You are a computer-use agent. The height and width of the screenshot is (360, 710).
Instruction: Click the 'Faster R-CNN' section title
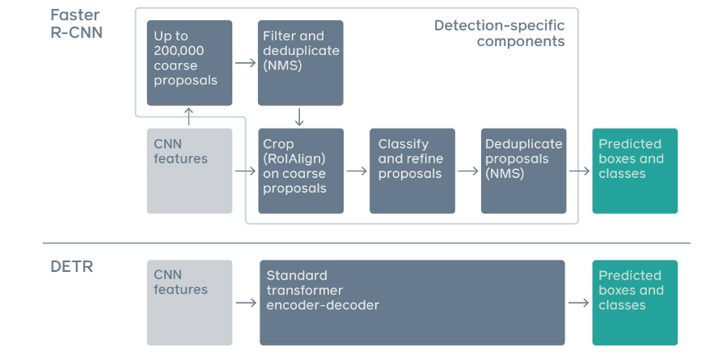pyautogui.click(x=76, y=24)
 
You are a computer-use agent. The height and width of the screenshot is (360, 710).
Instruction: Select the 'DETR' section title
pyautogui.click(x=71, y=266)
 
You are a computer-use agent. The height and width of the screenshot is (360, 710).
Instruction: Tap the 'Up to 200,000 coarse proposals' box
pyautogui.click(x=189, y=63)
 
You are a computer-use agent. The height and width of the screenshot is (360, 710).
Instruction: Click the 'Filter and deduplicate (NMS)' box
pyautogui.click(x=300, y=63)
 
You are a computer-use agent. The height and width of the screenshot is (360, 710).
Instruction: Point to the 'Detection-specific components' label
pyautogui.click(x=499, y=33)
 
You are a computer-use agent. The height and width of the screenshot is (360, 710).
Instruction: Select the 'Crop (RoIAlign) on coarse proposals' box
pyautogui.click(x=300, y=171)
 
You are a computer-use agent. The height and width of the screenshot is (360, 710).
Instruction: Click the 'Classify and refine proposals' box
pyautogui.click(x=412, y=171)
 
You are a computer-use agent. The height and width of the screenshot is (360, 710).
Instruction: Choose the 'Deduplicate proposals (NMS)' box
pyautogui.click(x=523, y=171)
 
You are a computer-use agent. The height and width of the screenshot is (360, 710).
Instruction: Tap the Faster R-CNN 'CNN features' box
pyautogui.click(x=189, y=171)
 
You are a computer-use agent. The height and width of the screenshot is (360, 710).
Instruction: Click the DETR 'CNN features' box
pyautogui.click(x=189, y=303)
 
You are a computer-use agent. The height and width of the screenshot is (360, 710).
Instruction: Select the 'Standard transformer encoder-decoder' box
pyautogui.click(x=412, y=303)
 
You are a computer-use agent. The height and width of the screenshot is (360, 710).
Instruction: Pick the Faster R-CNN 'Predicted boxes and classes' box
pyautogui.click(x=635, y=171)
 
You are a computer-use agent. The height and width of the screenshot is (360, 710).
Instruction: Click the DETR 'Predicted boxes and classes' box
pyautogui.click(x=635, y=303)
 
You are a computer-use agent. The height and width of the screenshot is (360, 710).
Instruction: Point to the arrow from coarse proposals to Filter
pyautogui.click(x=244, y=61)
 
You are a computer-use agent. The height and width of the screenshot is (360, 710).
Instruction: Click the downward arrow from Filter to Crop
pyautogui.click(x=299, y=116)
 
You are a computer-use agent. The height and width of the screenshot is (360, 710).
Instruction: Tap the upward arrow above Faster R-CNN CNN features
pyautogui.click(x=189, y=116)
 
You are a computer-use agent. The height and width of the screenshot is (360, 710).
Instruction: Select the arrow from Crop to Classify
pyautogui.click(x=356, y=172)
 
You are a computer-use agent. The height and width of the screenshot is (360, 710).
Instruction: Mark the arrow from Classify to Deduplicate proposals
pyautogui.click(x=467, y=172)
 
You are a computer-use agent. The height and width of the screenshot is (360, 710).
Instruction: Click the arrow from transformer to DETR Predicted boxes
pyautogui.click(x=578, y=303)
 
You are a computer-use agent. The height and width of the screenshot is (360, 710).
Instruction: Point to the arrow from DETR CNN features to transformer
pyautogui.click(x=245, y=303)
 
